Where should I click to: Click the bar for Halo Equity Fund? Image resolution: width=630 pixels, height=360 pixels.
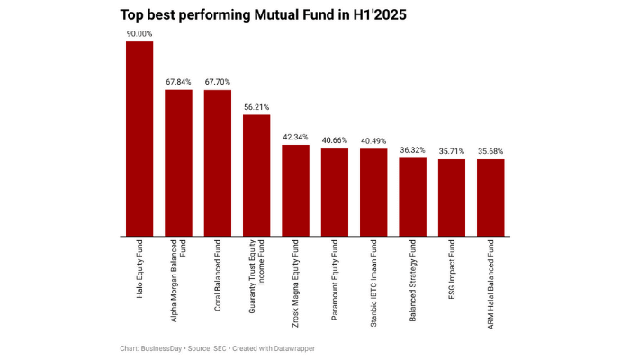(139, 139)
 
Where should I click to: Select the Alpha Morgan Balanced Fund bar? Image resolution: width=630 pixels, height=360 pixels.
(178, 163)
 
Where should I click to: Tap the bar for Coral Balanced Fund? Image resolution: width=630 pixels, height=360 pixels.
(218, 163)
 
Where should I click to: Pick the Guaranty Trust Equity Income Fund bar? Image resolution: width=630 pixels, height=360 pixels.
(256, 175)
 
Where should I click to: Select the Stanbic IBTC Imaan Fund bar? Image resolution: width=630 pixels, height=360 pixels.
(373, 193)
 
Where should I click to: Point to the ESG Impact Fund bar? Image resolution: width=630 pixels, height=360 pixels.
(452, 198)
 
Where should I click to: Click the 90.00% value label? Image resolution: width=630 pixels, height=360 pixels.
(139, 33)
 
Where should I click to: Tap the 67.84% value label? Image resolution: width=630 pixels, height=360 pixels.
(178, 82)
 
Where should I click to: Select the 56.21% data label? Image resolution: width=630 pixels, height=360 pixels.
(256, 107)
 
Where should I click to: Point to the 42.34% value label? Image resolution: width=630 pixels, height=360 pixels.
(295, 137)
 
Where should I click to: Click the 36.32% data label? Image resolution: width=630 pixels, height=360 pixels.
(412, 150)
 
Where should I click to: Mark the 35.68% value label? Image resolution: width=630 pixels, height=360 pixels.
(490, 151)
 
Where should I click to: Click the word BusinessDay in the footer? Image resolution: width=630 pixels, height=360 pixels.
(163, 348)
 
